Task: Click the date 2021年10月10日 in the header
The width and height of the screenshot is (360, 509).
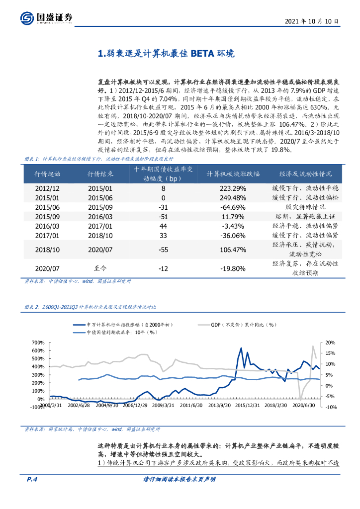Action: pos(312,22)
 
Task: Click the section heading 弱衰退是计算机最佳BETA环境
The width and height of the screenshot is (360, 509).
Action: pos(164,54)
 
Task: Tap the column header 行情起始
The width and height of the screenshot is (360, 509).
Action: pos(47,174)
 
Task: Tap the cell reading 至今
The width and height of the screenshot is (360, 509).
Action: pos(100,268)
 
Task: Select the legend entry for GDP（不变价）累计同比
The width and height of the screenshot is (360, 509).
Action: pos(244,324)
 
